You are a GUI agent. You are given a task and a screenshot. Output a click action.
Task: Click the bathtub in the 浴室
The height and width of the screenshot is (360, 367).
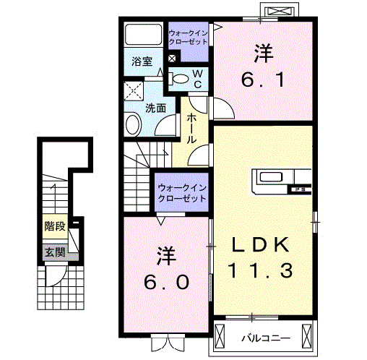143,34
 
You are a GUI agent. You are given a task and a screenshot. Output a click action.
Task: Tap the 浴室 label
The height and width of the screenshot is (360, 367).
142,61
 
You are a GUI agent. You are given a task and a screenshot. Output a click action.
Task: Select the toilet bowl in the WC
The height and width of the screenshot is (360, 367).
180,79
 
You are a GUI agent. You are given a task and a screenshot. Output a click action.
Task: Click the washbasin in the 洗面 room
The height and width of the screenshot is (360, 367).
133,125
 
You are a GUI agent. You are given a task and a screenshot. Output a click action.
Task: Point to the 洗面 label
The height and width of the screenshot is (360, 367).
156,108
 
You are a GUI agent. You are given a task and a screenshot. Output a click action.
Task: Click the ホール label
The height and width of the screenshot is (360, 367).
191,129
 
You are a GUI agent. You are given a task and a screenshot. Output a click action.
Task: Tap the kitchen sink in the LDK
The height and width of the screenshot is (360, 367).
271,177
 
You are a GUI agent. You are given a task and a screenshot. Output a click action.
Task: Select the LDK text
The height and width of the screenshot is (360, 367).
260,244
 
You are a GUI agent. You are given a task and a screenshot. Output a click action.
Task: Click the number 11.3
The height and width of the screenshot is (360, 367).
260,270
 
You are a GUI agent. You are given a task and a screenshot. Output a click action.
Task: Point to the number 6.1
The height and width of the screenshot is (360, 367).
264,80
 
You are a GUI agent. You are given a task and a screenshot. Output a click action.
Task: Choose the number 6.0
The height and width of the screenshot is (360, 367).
166,282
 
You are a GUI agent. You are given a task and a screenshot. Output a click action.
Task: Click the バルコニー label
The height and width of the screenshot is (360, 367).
266,338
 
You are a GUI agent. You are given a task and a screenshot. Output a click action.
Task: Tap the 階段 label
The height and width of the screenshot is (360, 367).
55,226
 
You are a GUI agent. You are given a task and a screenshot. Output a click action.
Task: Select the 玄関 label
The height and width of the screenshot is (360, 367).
55,252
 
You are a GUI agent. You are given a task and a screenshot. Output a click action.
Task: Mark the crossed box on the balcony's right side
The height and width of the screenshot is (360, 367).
306,336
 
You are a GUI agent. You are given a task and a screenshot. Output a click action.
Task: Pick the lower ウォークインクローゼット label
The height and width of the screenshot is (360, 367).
182,193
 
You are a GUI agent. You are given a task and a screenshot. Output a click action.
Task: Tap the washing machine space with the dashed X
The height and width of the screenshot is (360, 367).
134,91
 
